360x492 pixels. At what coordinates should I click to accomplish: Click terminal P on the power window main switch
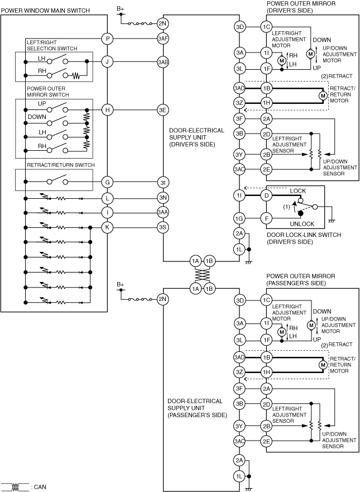(x=107, y=39)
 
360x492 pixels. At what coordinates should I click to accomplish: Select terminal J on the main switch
(x=107, y=62)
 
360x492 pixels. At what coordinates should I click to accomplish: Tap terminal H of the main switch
(x=107, y=110)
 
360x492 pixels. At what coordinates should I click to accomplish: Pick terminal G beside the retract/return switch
(x=107, y=181)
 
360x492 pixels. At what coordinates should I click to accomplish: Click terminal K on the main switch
(x=107, y=227)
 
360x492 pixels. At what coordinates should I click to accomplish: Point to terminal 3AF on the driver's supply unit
(x=162, y=39)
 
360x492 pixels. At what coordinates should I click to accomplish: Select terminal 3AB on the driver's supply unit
(x=162, y=62)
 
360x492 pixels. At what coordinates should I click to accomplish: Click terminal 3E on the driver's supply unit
(x=162, y=110)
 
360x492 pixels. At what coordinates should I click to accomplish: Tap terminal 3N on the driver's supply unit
(x=162, y=198)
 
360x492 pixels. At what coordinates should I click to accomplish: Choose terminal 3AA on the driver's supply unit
(x=162, y=212)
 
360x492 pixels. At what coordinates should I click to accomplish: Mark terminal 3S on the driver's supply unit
(x=162, y=227)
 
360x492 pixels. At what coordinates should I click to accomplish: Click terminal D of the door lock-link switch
(x=266, y=195)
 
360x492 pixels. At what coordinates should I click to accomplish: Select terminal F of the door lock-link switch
(x=266, y=219)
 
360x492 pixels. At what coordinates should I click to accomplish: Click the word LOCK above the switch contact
(x=297, y=191)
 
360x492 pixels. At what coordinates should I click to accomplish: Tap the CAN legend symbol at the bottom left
(x=16, y=487)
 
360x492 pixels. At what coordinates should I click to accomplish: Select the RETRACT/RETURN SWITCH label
(x=60, y=165)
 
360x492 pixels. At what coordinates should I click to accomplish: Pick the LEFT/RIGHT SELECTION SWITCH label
(x=49, y=45)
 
